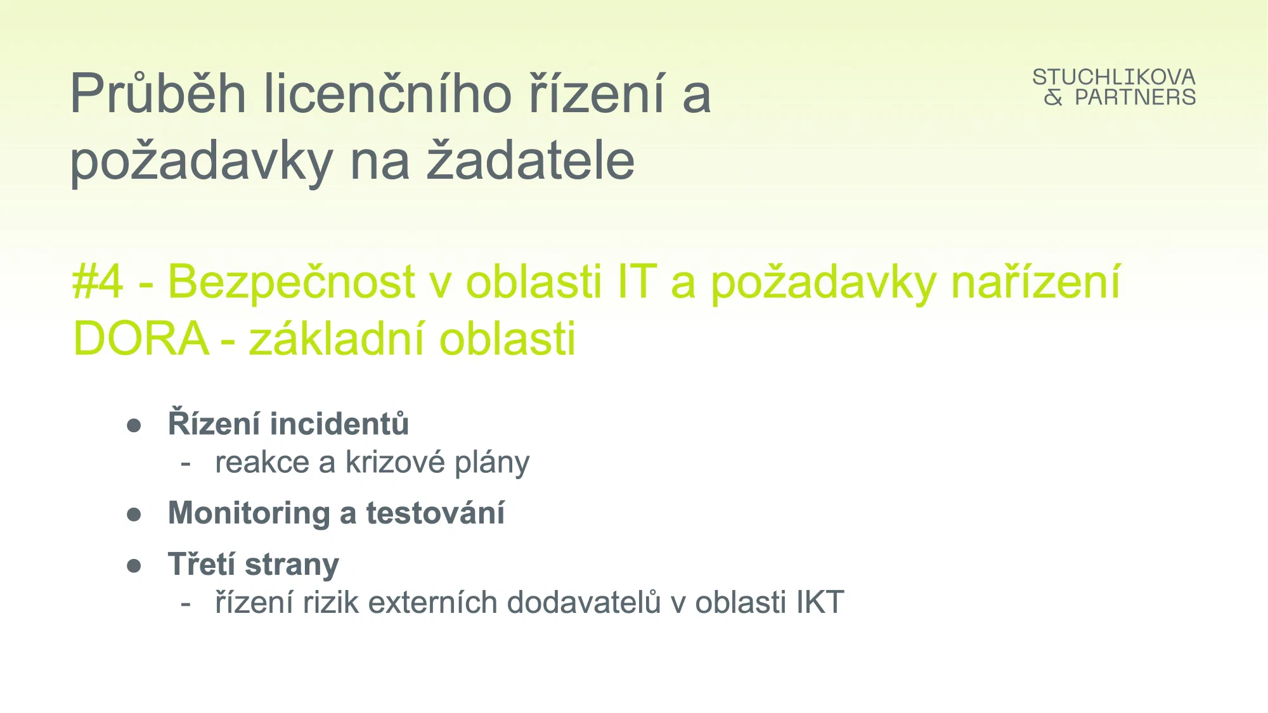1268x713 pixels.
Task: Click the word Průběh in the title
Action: (x=158, y=93)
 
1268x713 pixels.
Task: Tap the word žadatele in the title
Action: (x=530, y=160)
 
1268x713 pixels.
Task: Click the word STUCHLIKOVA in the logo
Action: (x=1114, y=77)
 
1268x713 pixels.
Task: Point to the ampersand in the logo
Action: (x=1053, y=97)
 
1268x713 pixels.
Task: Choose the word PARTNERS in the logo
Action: (x=1135, y=97)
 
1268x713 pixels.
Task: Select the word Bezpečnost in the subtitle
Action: (x=291, y=281)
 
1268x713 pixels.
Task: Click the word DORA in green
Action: (x=141, y=338)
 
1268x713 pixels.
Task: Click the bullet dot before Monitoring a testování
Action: (x=134, y=514)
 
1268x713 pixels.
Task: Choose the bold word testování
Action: (x=436, y=512)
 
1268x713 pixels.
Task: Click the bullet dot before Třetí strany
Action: (x=134, y=565)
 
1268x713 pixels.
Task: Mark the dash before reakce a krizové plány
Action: (x=186, y=463)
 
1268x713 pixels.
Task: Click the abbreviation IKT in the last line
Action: (x=820, y=601)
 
